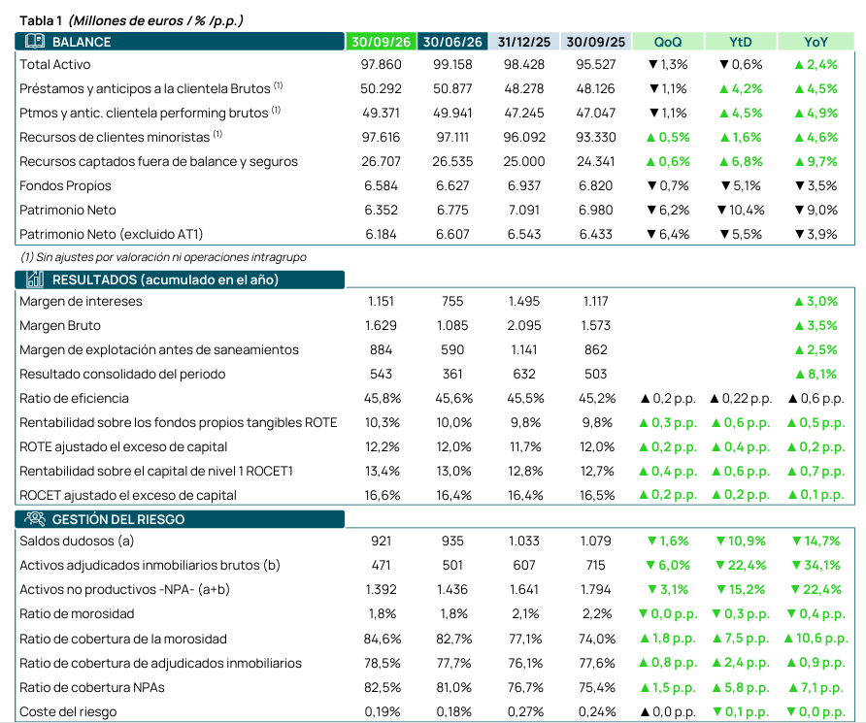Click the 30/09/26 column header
(382, 42)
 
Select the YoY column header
(816, 42)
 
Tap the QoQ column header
(668, 42)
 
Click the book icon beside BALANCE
(35, 41)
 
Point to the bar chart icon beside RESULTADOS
(35, 279)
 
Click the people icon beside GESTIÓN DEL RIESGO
(35, 518)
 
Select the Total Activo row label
(55, 65)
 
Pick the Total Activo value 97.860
(382, 65)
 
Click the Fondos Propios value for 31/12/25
(524, 186)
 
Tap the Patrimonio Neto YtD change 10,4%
(741, 211)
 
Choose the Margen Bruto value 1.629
(382, 326)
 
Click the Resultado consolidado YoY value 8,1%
(816, 375)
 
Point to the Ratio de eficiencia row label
(74, 399)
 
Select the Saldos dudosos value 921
(382, 541)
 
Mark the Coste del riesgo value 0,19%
(383, 712)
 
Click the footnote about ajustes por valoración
(163, 257)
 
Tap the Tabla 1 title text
(131, 21)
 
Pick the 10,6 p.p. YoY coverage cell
(816, 639)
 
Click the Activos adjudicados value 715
(596, 565)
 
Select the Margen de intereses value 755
(452, 302)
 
